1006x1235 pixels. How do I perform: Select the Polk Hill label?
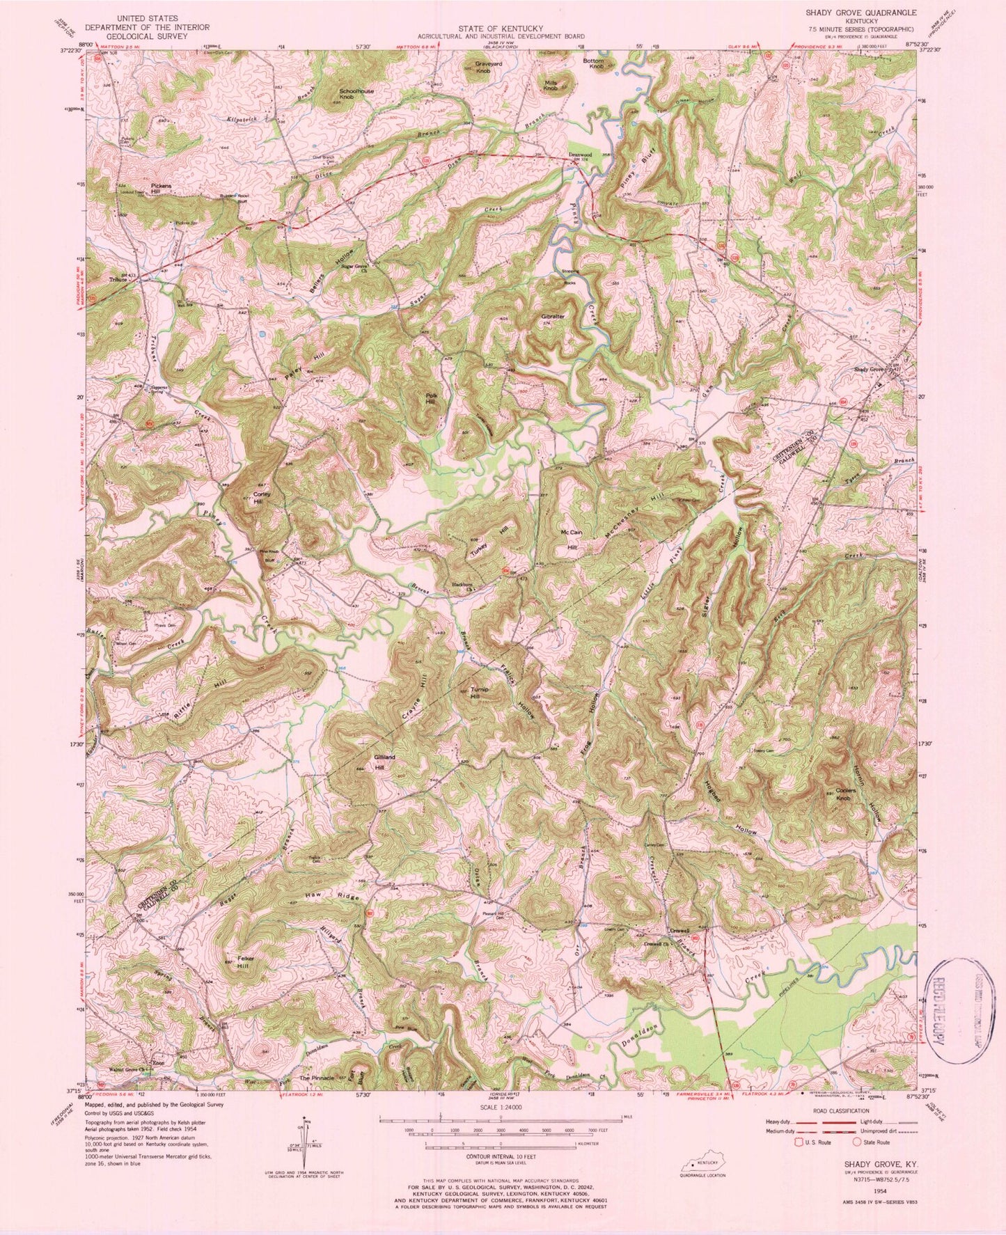pyautogui.click(x=432, y=398)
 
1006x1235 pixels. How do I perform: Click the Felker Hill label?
pyautogui.click(x=244, y=963)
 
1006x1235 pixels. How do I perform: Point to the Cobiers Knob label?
pyautogui.click(x=844, y=795)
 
